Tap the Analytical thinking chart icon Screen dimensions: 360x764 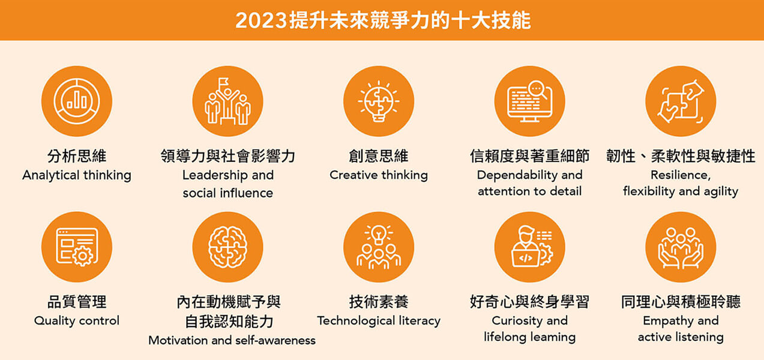[77, 101]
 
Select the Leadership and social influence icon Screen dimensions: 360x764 [227, 101]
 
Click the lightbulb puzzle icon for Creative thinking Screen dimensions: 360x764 [379, 101]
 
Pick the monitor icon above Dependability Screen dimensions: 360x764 [529, 101]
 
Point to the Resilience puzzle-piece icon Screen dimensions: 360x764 [681, 101]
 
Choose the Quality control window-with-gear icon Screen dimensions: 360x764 [77, 247]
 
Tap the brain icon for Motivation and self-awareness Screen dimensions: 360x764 [227, 247]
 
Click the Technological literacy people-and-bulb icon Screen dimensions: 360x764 [379, 247]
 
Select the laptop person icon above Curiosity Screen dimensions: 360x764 [529, 247]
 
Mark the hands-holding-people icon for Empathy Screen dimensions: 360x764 [681, 247]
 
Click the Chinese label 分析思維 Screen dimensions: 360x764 [77, 156]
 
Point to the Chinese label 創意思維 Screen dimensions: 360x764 [379, 156]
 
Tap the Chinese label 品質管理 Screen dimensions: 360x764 [77, 301]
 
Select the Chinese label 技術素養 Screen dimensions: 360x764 [379, 301]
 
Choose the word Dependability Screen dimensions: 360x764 [513, 175]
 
